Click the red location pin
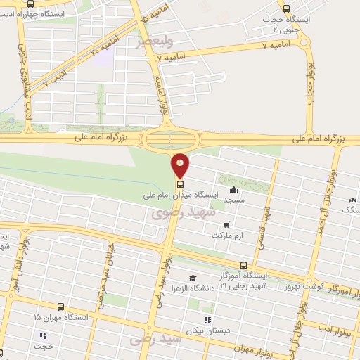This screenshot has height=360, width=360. pos(181,165)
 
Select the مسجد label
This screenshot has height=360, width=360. pos(233,200)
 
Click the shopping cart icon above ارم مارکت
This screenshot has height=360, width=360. pos(226,225)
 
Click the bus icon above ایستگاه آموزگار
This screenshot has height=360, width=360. pos(243,265)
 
